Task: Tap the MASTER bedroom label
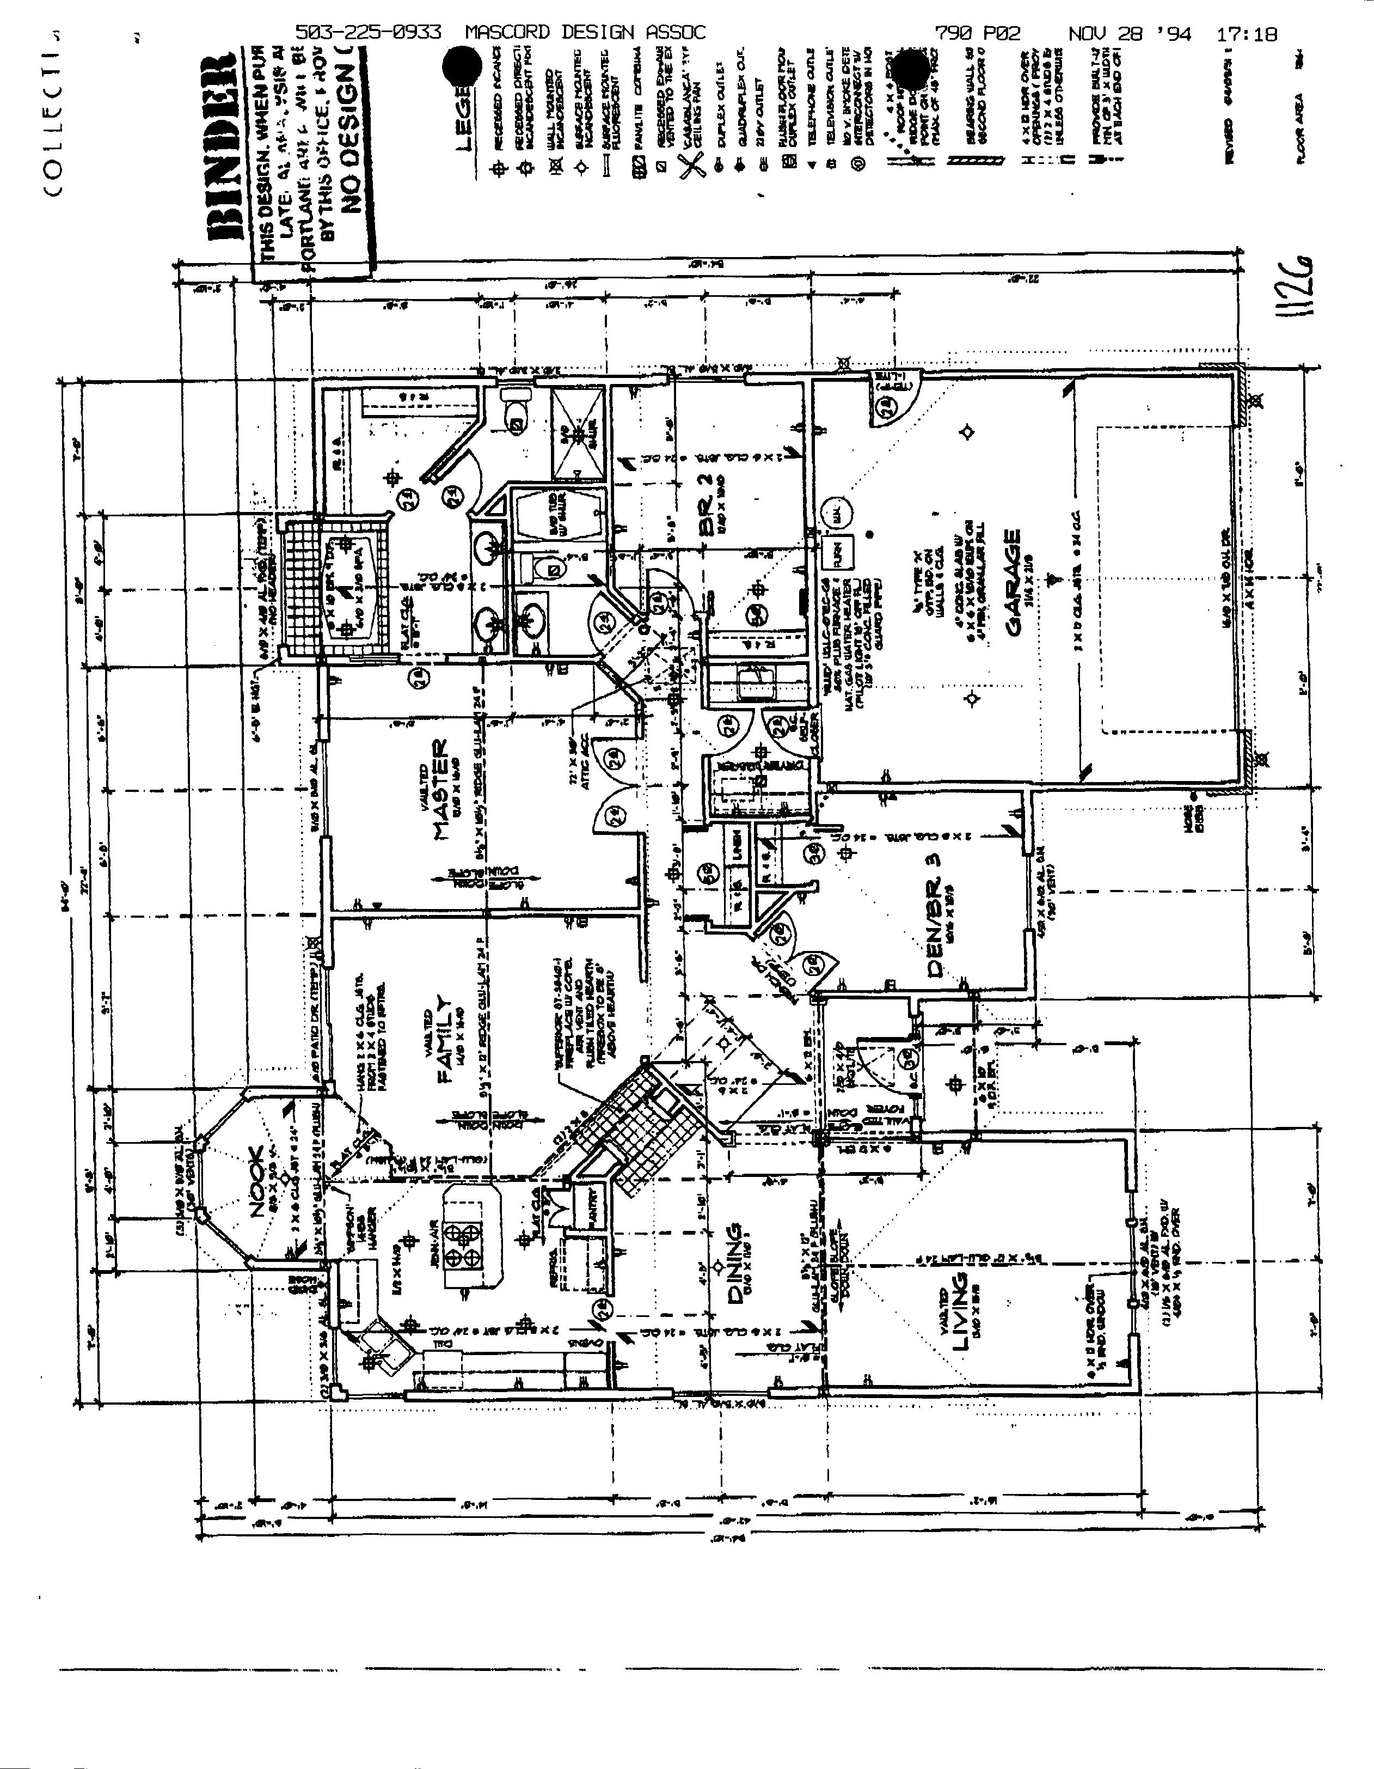click(442, 789)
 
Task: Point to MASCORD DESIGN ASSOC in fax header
click(585, 32)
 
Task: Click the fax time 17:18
click(1246, 33)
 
